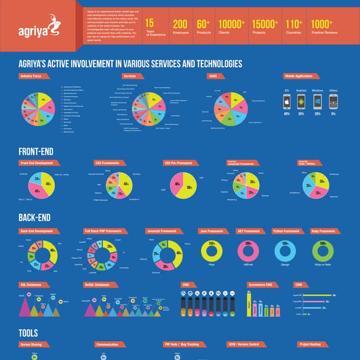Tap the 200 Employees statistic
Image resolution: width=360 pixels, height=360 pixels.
tap(180, 27)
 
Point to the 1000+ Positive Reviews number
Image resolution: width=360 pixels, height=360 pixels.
tap(322, 27)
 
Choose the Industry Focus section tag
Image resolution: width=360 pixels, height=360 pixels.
tap(33, 75)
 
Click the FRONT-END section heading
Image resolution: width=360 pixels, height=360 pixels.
tap(37, 151)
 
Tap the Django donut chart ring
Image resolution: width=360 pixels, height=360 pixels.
tap(286, 250)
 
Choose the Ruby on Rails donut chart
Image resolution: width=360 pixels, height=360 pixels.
tap(323, 250)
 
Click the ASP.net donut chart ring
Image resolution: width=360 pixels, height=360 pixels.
tap(248, 250)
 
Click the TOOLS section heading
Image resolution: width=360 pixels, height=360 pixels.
tap(28, 332)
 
